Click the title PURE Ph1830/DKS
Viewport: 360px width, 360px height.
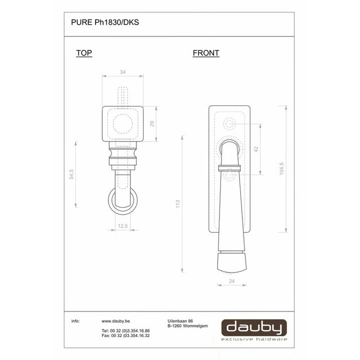[105, 22]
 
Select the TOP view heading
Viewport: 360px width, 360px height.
[84, 53]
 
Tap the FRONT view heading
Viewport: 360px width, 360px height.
[206, 53]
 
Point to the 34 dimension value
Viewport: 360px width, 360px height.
[122, 72]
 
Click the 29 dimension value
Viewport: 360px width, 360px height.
[152, 124]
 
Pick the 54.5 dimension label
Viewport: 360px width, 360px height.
[71, 174]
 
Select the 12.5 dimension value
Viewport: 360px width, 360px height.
[123, 226]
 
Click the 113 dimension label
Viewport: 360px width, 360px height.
[177, 204]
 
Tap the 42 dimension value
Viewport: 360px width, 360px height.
[256, 149]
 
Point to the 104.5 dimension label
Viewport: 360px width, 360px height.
[281, 169]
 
